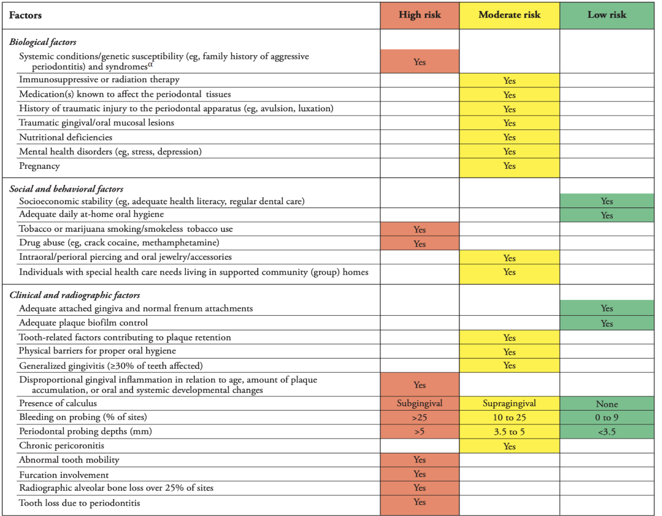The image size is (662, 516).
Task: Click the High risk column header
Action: click(419, 15)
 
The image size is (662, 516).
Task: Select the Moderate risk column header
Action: click(509, 15)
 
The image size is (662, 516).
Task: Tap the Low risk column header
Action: click(606, 15)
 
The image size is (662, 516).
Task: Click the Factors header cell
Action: click(25, 15)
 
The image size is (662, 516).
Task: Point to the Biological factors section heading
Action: click(43, 42)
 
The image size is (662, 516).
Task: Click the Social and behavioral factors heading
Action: click(66, 189)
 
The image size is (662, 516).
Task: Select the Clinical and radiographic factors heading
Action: click(75, 295)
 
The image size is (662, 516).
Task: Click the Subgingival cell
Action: click(419, 403)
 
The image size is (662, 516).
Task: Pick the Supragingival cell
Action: click(509, 403)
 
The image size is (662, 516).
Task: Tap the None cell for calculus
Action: click(606, 404)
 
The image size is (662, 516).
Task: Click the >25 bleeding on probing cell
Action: click(419, 418)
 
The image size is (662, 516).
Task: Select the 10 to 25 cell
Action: click(509, 418)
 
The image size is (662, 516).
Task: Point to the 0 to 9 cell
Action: click(606, 418)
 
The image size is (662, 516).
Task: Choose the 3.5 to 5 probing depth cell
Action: click(509, 432)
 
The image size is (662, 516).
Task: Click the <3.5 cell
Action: click(606, 432)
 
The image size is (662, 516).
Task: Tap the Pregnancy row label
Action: click(39, 166)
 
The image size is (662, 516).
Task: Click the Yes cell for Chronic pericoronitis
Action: click(509, 446)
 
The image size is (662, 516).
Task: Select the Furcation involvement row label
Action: click(64, 475)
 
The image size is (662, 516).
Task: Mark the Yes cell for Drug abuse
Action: click(419, 244)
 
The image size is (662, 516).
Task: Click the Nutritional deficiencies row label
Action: click(66, 137)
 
